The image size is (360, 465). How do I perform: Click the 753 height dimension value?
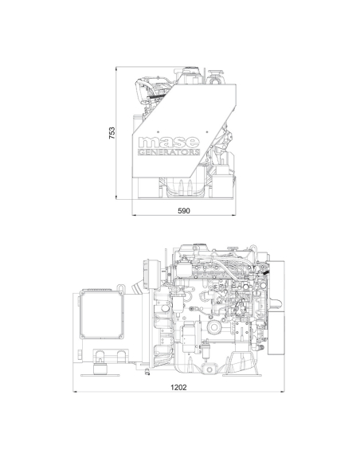click(112, 133)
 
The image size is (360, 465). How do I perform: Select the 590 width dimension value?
click(184, 211)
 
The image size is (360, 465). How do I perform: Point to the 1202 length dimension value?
click(179, 387)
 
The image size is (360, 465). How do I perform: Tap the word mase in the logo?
click(169, 143)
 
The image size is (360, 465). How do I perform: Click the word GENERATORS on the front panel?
click(169, 152)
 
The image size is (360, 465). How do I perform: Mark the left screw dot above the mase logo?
click(158, 131)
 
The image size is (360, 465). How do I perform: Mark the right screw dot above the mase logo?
click(207, 131)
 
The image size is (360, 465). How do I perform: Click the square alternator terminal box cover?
click(101, 315)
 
